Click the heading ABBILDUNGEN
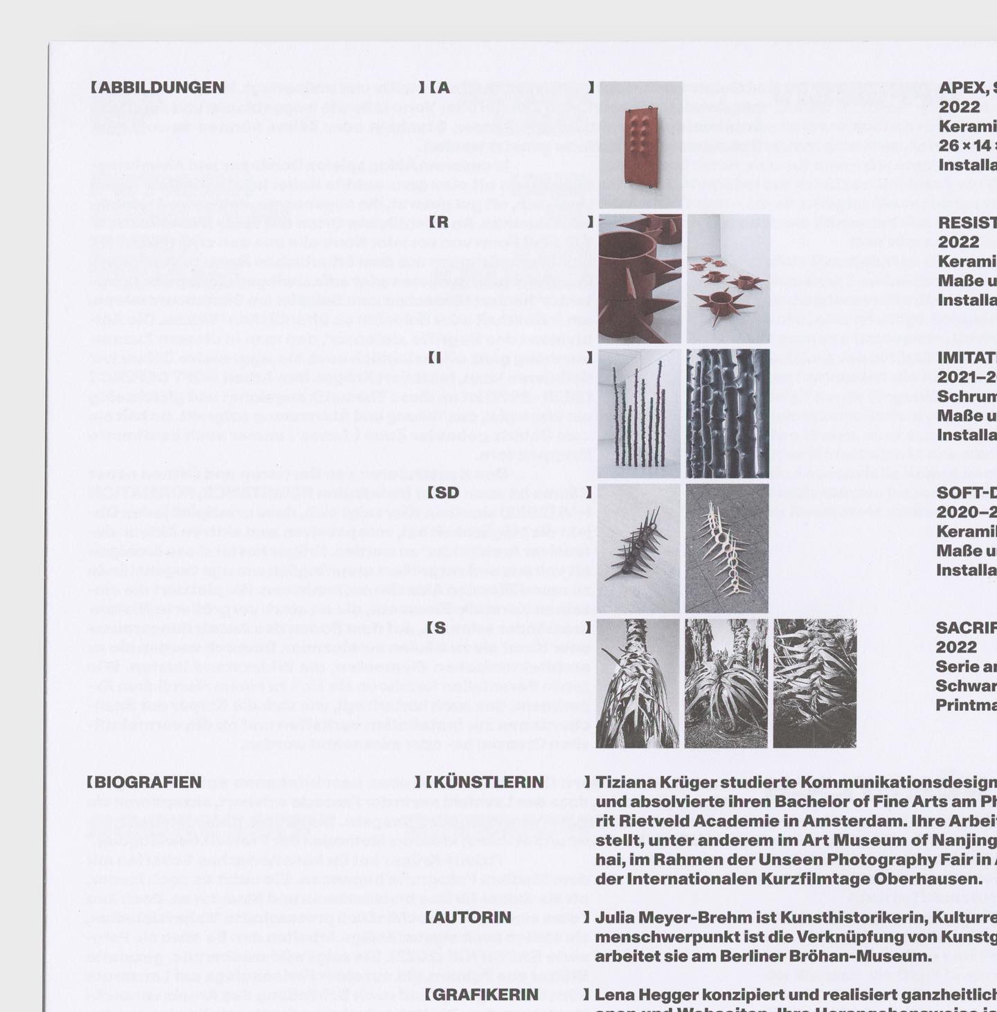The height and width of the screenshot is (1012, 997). (x=161, y=88)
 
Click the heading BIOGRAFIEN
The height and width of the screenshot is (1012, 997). (x=147, y=783)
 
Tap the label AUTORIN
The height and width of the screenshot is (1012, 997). (x=472, y=918)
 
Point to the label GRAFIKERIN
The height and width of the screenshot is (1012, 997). (x=485, y=995)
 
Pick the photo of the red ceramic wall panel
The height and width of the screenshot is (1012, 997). (x=640, y=145)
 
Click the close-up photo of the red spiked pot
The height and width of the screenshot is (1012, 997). (x=640, y=279)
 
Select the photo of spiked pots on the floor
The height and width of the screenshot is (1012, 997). (x=728, y=279)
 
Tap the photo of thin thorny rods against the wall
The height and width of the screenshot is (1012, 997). (x=639, y=414)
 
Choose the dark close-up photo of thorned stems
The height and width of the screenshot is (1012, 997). (x=728, y=414)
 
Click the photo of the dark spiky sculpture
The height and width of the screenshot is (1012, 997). (x=638, y=549)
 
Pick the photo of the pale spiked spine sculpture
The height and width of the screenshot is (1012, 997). (x=727, y=549)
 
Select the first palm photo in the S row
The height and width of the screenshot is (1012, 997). (x=638, y=684)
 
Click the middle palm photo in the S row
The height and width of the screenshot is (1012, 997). (x=726, y=684)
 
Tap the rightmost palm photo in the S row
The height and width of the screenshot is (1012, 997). (x=815, y=684)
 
